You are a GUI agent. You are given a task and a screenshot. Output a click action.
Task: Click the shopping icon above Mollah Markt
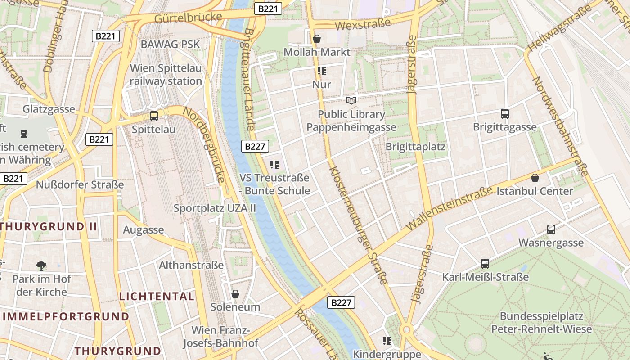tap(317, 39)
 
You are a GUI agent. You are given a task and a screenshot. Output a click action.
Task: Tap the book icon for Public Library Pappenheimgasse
tap(351, 100)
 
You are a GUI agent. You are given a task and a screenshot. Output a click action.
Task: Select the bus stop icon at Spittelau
tap(154, 116)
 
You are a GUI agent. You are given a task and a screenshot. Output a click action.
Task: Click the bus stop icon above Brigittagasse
tap(504, 114)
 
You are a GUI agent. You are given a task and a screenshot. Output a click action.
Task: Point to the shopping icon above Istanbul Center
tap(535, 178)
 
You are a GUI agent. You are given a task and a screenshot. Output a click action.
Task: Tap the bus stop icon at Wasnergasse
tap(551, 229)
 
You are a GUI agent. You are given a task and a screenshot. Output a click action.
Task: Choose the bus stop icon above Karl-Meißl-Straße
tap(485, 264)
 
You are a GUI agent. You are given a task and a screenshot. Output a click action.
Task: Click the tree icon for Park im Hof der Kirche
tap(41, 266)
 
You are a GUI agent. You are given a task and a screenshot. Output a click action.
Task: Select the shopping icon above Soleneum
tap(235, 294)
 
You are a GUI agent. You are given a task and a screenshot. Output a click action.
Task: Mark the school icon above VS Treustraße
tap(274, 165)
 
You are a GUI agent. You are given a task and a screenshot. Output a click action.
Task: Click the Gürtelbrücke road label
tap(188, 18)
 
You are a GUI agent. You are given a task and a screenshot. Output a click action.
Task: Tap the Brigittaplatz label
tap(415, 147)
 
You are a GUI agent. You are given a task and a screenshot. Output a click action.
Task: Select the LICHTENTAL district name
tap(157, 296)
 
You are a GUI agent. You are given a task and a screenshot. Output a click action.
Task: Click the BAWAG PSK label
tap(170, 44)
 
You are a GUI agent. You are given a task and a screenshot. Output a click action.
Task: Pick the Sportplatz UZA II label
tap(215, 208)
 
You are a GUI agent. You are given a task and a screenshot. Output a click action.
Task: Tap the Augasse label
tap(144, 230)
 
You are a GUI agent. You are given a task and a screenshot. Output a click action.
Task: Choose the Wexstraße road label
tap(363, 24)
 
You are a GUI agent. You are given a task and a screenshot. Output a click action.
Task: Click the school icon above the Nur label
tap(321, 71)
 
